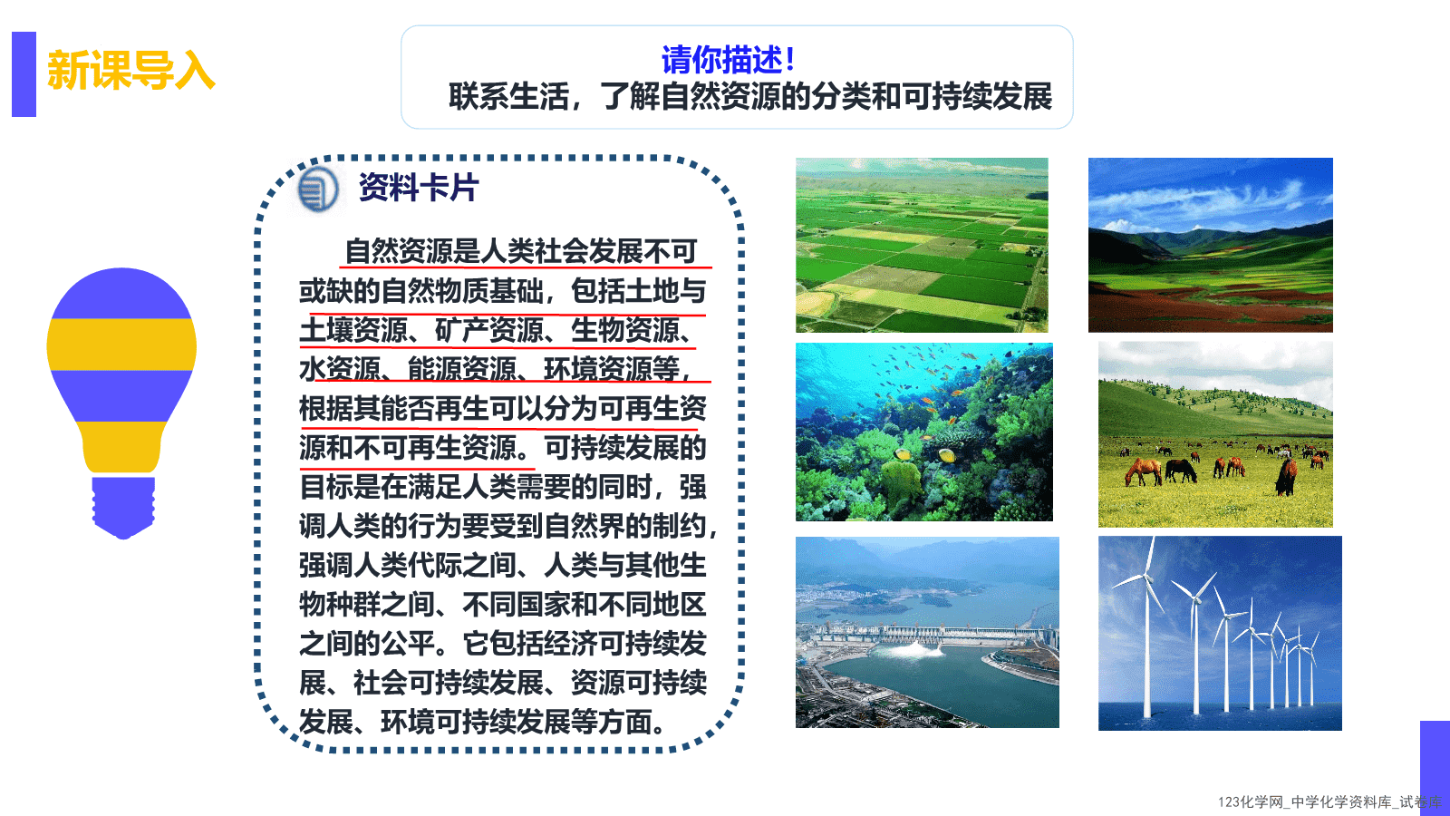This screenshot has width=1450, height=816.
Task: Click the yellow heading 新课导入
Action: point(130,70)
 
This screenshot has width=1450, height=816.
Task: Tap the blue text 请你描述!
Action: point(728,60)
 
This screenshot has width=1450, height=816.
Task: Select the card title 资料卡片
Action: point(419,188)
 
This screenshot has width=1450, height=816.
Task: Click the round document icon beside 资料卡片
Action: point(317,189)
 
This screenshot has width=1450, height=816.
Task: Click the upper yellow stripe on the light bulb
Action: point(121,345)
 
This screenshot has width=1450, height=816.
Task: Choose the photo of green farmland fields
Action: point(922,245)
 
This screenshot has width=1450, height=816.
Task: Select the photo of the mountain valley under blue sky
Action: point(1211,245)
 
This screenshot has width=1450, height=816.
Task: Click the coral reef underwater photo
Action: point(924,432)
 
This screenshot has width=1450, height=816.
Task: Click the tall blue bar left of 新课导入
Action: point(24,73)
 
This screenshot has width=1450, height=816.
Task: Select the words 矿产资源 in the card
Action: point(488,330)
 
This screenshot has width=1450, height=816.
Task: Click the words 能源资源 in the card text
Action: point(461,369)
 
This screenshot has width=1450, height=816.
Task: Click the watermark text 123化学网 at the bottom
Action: point(1251,801)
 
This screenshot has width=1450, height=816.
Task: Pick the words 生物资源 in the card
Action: point(624,330)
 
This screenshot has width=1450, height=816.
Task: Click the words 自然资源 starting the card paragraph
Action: point(399,251)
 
